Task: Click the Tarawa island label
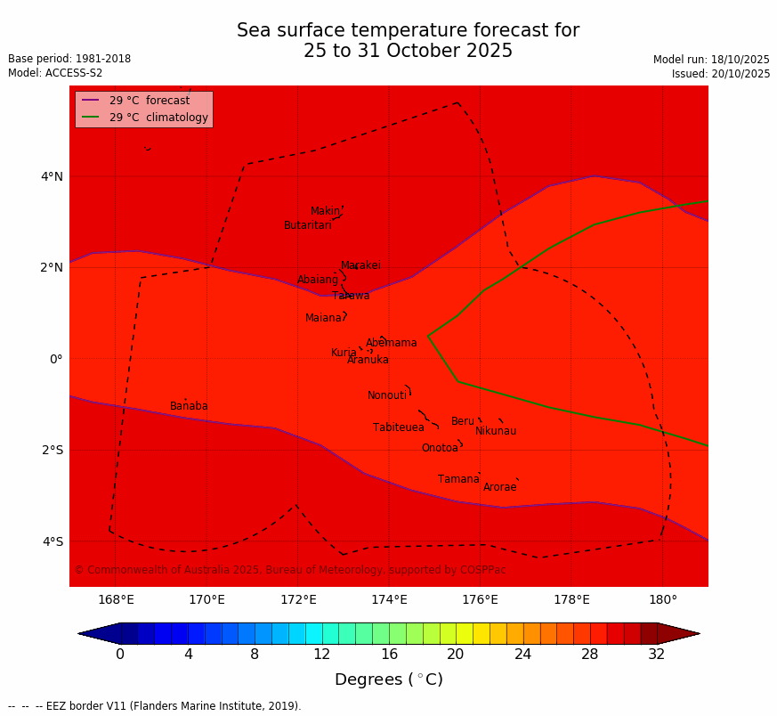click(351, 296)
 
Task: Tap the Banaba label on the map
click(189, 406)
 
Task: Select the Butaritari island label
click(307, 225)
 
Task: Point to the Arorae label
click(499, 487)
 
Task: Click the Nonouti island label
click(386, 395)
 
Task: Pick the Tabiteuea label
click(398, 427)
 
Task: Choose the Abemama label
click(391, 343)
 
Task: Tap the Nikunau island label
click(495, 431)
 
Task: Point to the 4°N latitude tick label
click(52, 176)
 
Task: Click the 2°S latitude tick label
click(52, 450)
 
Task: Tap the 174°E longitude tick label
click(389, 599)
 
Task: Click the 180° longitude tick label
click(662, 599)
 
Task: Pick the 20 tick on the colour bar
click(456, 655)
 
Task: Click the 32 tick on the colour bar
click(657, 655)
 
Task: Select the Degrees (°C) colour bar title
click(388, 679)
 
